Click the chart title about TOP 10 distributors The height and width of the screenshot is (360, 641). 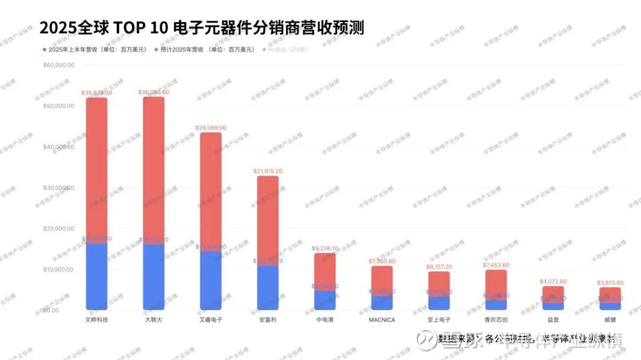point(201,27)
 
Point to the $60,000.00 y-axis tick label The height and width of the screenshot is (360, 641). point(59,65)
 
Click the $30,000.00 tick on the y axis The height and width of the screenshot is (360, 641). point(59,187)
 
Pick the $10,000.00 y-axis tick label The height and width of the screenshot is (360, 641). point(59,269)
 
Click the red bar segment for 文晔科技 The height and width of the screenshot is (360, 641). point(97,169)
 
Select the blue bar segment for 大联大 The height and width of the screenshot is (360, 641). point(154,276)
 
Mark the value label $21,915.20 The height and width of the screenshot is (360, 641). point(268,171)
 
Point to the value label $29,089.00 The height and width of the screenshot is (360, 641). point(211,128)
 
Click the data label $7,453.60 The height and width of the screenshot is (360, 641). point(496,265)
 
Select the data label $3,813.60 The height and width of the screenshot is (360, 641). point(610,283)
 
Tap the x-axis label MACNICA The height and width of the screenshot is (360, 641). point(382,320)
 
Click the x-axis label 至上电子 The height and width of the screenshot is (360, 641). point(439,320)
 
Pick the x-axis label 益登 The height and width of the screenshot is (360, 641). point(553,320)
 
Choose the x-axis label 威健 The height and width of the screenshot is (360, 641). point(610,320)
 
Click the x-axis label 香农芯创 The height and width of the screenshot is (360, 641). point(496,320)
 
